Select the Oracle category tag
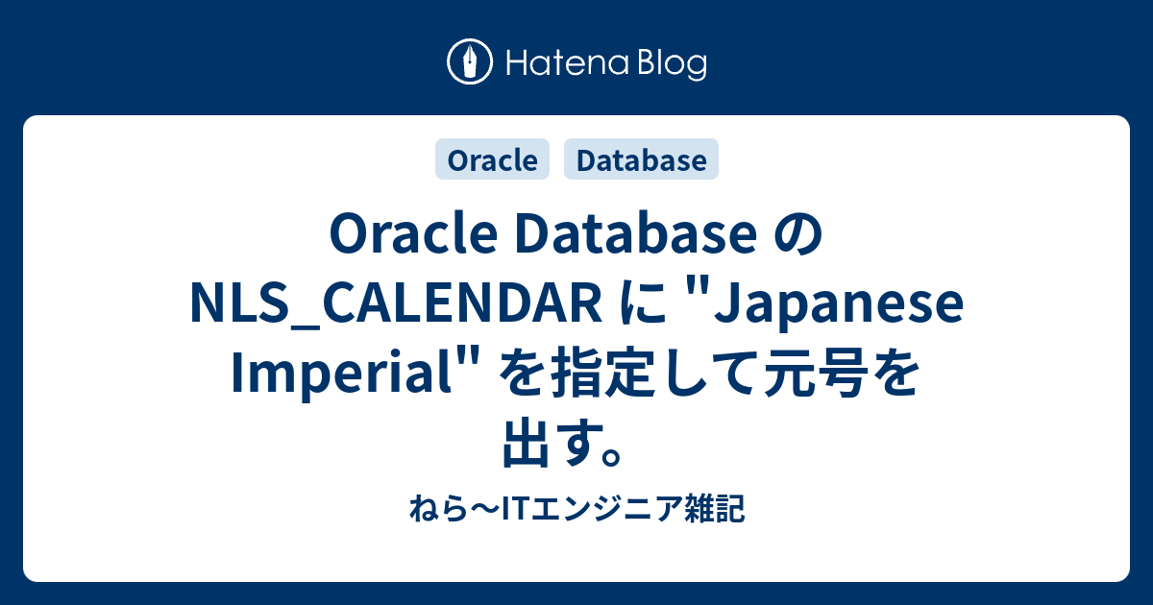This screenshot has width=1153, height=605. [493, 160]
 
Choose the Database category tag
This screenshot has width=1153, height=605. [641, 160]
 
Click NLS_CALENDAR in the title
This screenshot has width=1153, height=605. [390, 307]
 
